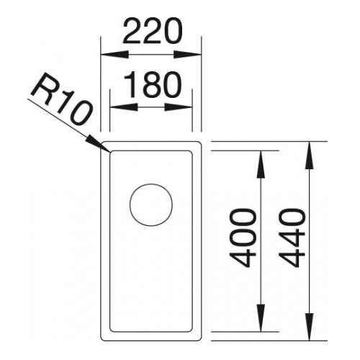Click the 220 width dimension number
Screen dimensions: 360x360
pos(153,31)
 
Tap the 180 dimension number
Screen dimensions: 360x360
pos(153,85)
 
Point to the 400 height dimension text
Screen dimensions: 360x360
pos(242,238)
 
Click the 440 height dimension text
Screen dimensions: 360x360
pos(292,238)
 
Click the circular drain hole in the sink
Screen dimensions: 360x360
pos(151,204)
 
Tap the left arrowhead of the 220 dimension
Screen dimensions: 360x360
pos(114,55)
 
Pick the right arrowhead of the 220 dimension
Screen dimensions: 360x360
pos(187,55)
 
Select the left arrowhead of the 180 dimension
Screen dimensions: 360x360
pos(124,107)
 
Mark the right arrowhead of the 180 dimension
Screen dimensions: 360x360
pos(179,107)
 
